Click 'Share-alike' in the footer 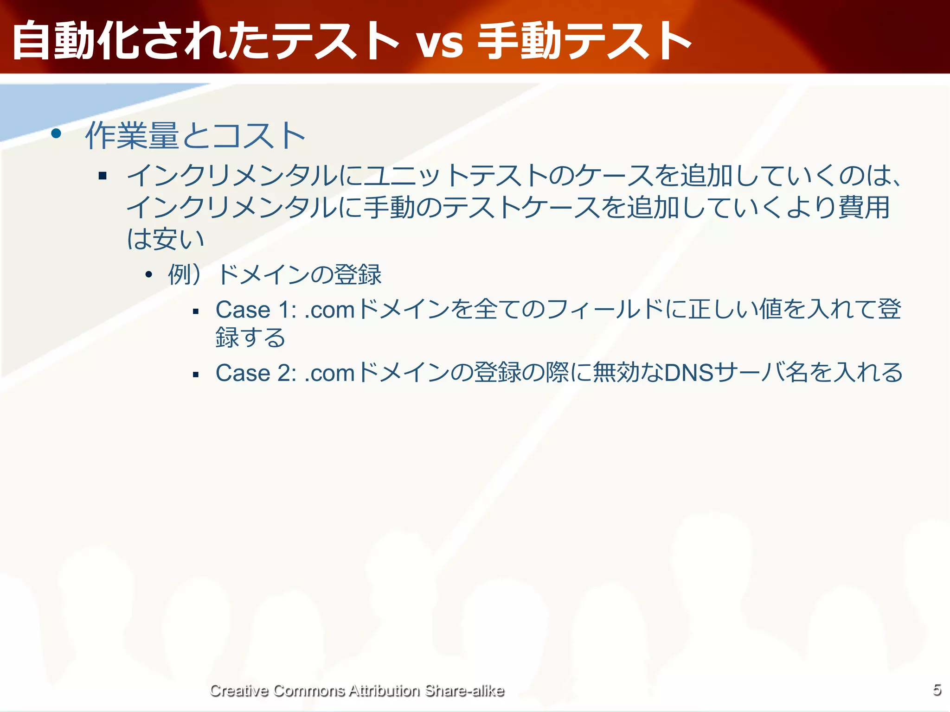click(x=464, y=690)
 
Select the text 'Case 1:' click(x=256, y=310)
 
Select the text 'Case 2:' click(x=256, y=373)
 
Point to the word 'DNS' click(x=689, y=373)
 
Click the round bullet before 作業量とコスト click(x=56, y=134)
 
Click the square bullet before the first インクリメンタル click(x=103, y=176)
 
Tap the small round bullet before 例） click(x=148, y=275)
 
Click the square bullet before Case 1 click(x=196, y=311)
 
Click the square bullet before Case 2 click(x=196, y=375)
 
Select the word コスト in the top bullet click(x=260, y=136)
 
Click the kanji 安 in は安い click(x=166, y=239)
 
